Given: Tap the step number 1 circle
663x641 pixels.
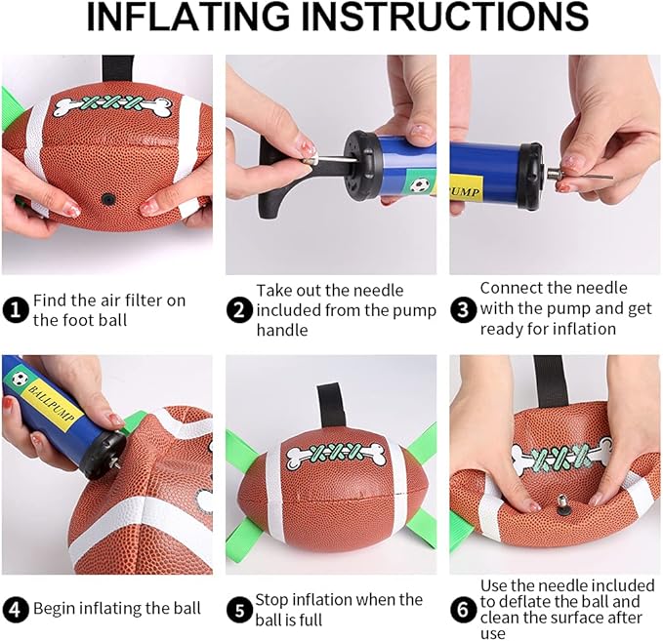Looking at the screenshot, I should point(16,310).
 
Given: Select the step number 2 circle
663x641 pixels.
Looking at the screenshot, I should point(240,310).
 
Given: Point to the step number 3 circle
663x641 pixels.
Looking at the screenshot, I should point(464,310).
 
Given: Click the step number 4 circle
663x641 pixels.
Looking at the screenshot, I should point(16,609).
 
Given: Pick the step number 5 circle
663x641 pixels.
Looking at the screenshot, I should point(240,609).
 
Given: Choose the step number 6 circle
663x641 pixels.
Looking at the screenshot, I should point(464,609).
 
